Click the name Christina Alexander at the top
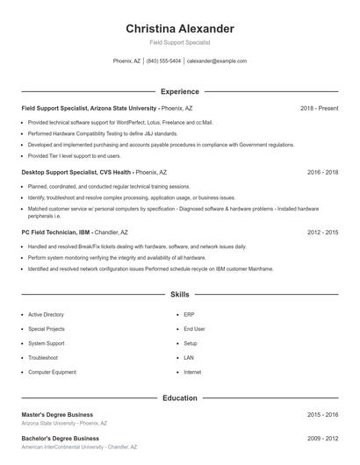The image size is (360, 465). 180,28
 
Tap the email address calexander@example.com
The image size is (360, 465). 217,61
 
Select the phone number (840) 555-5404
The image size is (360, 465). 164,61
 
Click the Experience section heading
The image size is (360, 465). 180,91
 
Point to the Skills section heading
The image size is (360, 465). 180,295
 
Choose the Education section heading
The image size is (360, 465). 180,397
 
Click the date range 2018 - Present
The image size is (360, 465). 319,108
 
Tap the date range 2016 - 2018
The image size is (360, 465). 322,172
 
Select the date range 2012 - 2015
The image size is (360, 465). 322,232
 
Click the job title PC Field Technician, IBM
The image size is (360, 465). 55,232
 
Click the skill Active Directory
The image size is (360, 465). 46,314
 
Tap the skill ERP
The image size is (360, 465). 190,314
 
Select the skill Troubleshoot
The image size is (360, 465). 43,358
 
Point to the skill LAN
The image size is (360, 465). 190,358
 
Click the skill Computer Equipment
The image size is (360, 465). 51,372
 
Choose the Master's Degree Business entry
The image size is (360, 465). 57,414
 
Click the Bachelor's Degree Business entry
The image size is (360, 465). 60,438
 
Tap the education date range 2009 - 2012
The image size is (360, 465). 322,438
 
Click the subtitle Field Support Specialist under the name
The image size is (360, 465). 180,42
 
